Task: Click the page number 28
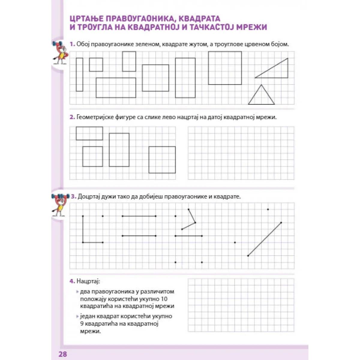63,354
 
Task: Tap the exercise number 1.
72,44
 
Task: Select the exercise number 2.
72,117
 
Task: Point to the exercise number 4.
72,281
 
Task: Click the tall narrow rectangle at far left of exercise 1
79,74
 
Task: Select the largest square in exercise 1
225,68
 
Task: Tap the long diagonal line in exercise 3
265,239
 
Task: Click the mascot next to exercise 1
60,52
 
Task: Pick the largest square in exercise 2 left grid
162,160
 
